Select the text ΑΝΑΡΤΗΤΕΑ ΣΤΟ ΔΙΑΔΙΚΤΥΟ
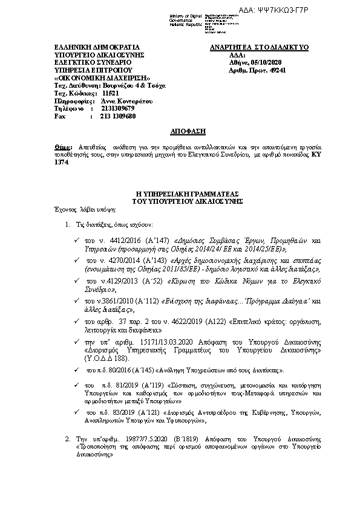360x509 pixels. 260,47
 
